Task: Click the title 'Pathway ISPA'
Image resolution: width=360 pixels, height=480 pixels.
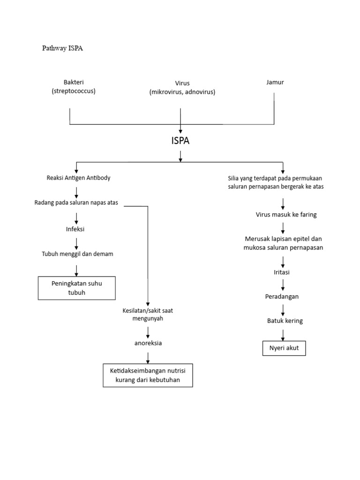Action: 62,48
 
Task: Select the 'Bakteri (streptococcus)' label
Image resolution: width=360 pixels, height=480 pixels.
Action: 74,87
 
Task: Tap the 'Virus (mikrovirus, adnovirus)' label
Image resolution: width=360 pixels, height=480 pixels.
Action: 182,88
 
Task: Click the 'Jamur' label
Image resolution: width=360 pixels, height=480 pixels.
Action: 275,82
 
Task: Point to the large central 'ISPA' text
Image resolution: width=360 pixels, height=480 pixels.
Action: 180,141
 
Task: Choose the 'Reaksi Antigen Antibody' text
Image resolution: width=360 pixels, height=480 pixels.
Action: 79,178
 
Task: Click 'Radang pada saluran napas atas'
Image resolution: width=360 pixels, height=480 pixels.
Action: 76,202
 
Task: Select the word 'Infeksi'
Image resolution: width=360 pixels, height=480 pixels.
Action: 75,229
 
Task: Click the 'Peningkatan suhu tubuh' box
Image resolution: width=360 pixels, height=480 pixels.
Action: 76,288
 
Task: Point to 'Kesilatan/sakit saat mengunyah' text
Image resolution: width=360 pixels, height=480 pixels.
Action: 148,315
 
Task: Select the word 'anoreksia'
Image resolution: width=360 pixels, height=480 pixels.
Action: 148,343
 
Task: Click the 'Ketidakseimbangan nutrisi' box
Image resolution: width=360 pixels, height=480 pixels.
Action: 148,375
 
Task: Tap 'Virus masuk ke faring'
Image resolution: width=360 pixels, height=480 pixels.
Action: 286,215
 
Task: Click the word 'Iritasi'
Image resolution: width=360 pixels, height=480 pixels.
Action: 283,272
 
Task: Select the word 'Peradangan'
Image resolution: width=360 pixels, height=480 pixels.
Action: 282,297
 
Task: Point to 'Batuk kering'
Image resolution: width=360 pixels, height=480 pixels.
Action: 285,321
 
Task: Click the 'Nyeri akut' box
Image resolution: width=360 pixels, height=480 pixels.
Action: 284,348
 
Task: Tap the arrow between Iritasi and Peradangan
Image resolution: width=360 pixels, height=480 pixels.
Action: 283,285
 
